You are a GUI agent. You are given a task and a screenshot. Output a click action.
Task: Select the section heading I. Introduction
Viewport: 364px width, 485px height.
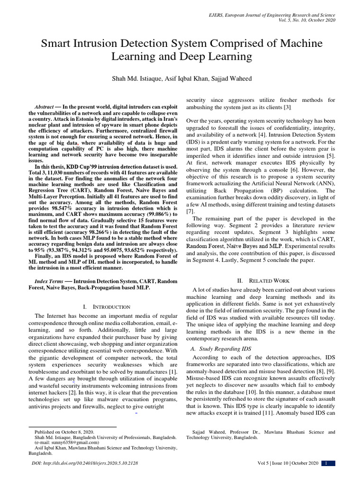pos(103,307)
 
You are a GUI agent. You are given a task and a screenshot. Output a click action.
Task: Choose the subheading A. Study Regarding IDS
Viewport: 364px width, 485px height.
pos(221,349)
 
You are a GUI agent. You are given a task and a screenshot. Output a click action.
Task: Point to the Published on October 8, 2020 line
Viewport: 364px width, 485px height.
pos(64,432)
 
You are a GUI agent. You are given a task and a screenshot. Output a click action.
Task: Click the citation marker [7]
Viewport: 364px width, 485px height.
pos(190,210)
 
